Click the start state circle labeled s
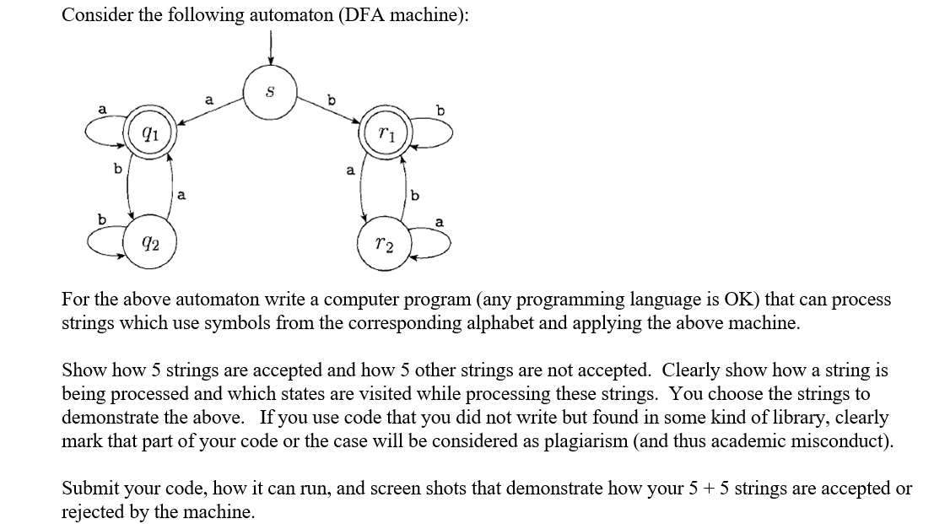[269, 90]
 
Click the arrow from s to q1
[211, 111]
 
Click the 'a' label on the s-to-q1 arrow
[208, 100]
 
